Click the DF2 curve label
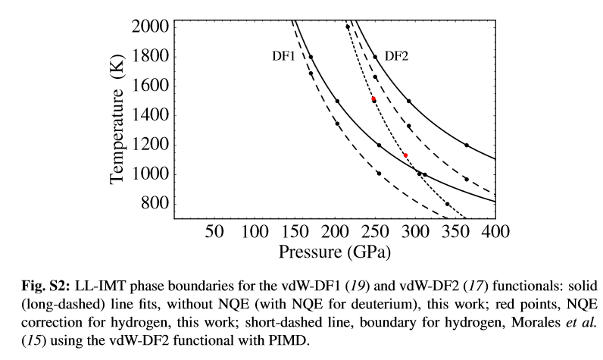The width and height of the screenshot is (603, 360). click(398, 56)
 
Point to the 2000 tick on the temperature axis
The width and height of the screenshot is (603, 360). click(152, 27)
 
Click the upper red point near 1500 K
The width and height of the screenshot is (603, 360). click(373, 99)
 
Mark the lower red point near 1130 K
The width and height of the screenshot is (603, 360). click(405, 155)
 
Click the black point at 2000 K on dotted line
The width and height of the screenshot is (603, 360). click(348, 27)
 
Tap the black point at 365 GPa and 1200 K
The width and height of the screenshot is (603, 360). click(467, 145)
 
